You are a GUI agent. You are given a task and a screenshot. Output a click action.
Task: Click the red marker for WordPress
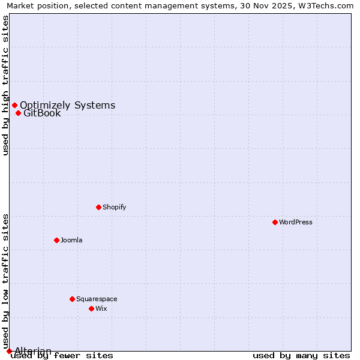point(275,222)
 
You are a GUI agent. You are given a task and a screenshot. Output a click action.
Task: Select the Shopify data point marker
point(98,207)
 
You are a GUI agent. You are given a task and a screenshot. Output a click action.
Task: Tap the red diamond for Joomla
point(56,240)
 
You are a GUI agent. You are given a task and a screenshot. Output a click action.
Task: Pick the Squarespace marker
point(72,299)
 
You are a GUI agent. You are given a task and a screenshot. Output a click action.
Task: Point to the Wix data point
point(91,308)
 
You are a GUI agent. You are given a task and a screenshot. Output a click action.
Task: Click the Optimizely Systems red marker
point(14,106)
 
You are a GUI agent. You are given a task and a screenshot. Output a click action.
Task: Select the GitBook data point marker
point(18,113)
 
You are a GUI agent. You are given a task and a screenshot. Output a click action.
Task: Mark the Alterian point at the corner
point(9,351)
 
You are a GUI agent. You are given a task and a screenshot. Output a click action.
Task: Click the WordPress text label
point(296,222)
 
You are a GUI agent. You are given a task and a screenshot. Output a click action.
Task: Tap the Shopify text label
point(114,207)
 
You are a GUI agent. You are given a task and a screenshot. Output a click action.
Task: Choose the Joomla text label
point(71,240)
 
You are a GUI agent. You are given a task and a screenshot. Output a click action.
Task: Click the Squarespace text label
point(97,299)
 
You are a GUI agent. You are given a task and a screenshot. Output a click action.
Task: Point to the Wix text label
point(101,308)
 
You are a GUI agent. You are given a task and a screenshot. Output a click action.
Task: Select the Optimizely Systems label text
point(67,106)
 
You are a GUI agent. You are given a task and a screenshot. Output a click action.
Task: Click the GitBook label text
point(42,113)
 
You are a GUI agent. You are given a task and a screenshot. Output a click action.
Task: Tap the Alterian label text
point(33,350)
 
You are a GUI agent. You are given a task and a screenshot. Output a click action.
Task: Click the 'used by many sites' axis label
point(301,356)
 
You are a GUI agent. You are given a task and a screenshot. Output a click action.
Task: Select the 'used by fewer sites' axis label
point(62,356)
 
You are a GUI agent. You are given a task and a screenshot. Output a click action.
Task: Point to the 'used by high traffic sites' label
point(6,85)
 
